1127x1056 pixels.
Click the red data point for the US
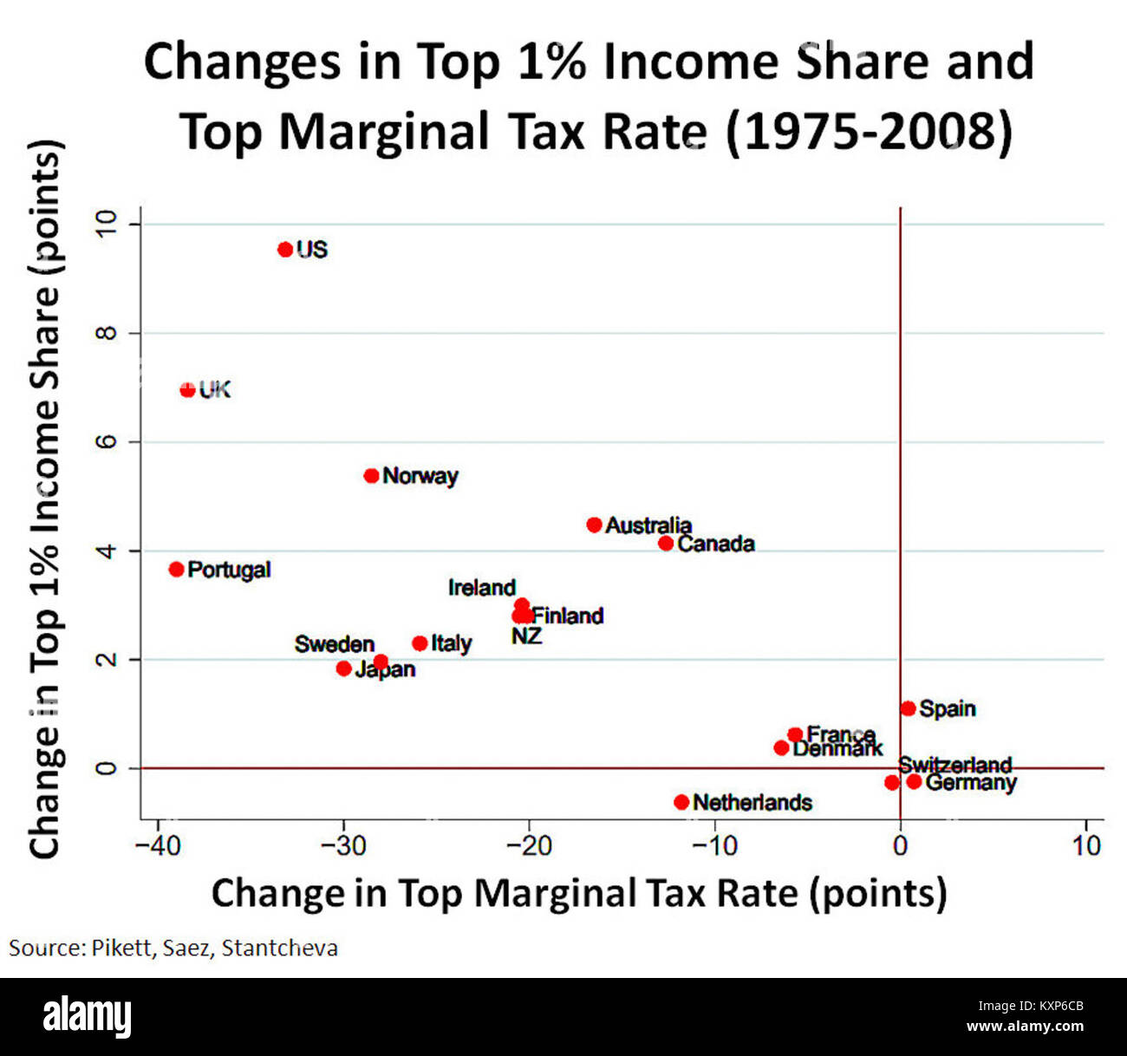click(285, 250)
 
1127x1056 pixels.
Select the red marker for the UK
click(187, 390)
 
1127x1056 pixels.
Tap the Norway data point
click(371, 476)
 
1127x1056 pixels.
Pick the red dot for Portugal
click(177, 570)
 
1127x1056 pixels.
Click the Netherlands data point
click(681, 802)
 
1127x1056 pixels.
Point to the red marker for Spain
click(908, 708)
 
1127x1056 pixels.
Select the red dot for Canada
click(666, 544)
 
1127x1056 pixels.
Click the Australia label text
click(648, 525)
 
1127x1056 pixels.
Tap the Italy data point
click(420, 643)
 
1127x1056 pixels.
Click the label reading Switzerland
click(954, 765)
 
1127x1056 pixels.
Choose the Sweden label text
click(334, 644)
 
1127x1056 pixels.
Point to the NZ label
click(526, 636)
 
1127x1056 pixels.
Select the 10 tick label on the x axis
click(1086, 844)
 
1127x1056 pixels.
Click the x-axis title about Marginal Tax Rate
click(578, 893)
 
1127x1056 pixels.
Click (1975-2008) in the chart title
click(868, 132)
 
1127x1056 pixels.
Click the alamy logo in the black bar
click(88, 1016)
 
